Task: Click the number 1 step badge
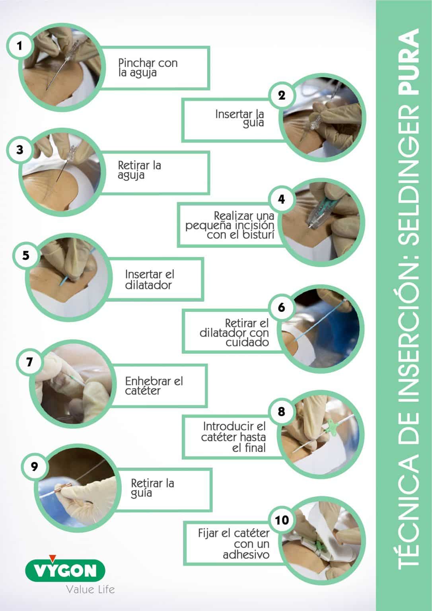19,46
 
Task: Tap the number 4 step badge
282,199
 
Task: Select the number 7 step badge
29,362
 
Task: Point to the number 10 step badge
282,520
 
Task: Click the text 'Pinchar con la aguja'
148,68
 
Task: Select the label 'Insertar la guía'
239,118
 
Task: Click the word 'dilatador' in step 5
148,285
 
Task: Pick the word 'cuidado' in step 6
247,342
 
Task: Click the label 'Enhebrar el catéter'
154,386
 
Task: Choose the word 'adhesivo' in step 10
246,555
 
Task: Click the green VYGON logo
65,571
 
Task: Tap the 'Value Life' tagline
90,589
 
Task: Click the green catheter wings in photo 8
332,429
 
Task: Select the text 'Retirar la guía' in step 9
152,488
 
